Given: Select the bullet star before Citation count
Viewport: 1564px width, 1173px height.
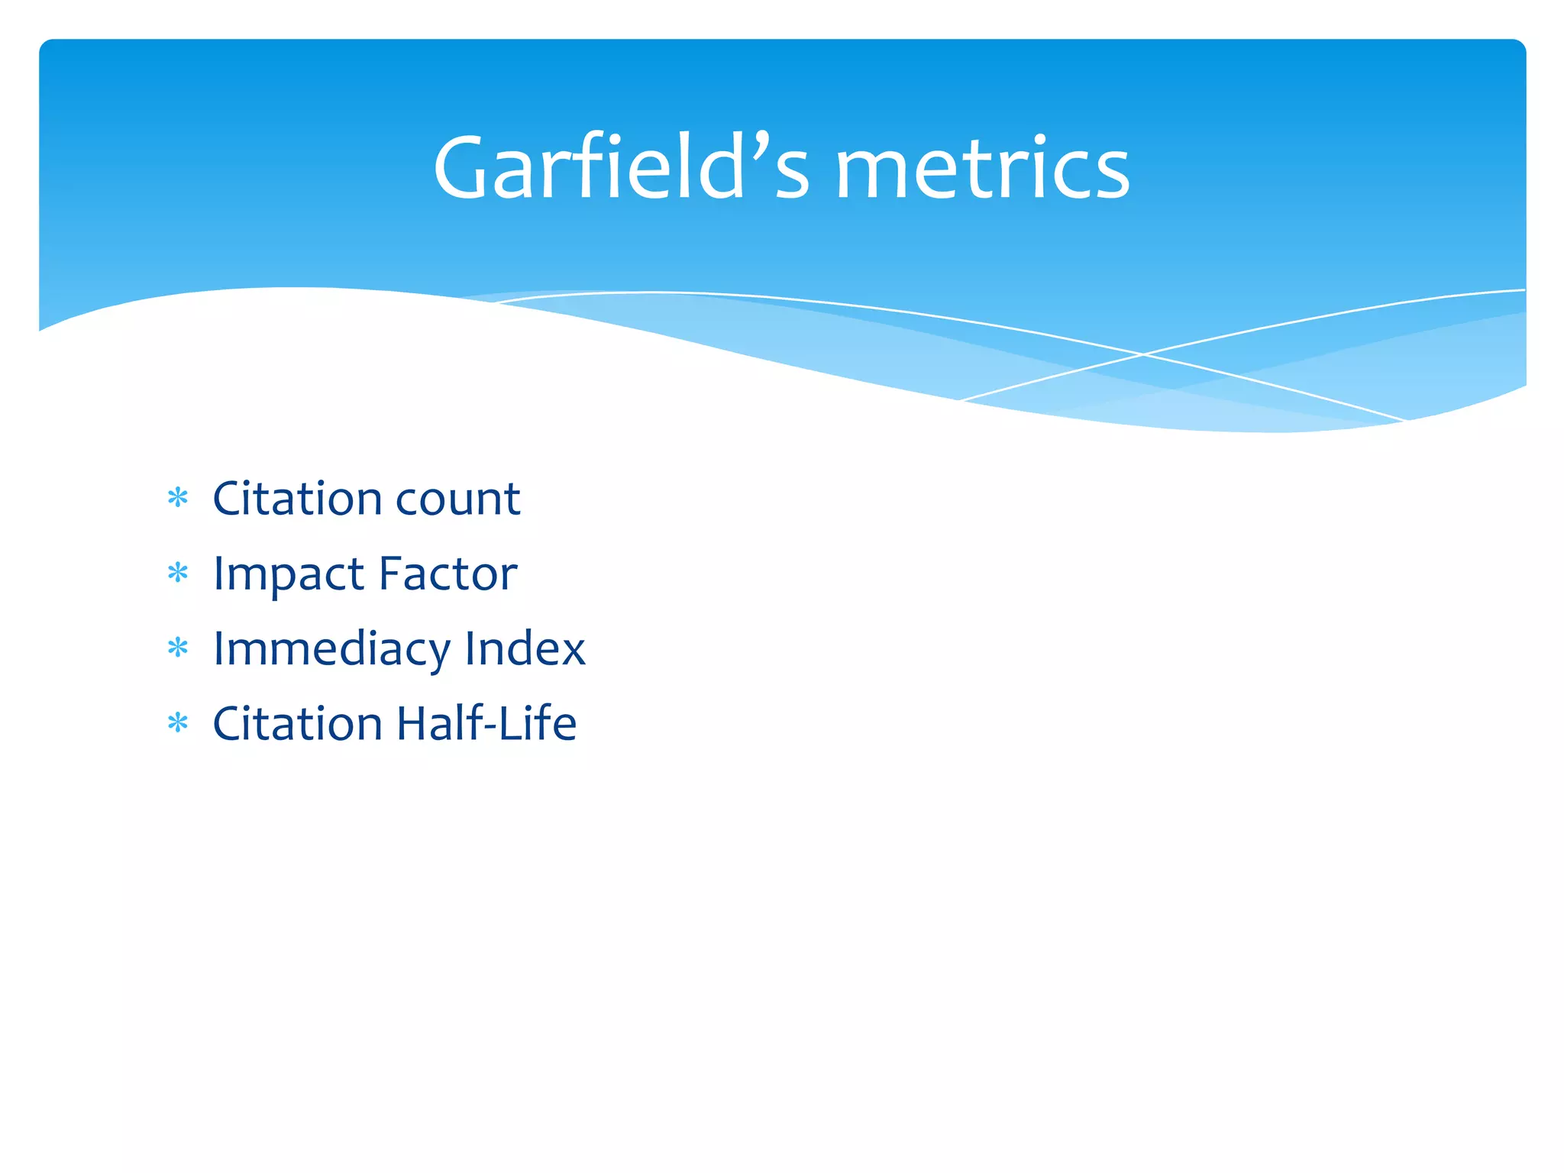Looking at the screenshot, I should [178, 499].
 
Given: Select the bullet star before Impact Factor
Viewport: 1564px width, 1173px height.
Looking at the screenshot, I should [178, 574].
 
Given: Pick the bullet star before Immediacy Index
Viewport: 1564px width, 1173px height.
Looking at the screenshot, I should [178, 648].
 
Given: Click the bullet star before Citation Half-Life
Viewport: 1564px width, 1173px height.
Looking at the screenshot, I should [178, 722].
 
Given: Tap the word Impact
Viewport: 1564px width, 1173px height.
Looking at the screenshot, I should [288, 575].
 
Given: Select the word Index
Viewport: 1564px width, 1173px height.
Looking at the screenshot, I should [525, 648].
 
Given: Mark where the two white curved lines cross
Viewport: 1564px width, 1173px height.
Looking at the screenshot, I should [1143, 354].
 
